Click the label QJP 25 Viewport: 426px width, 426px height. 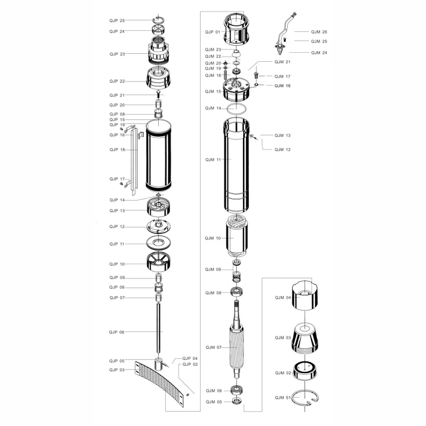(117, 21)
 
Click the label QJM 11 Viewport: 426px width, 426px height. (213, 160)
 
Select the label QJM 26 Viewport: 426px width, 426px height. (319, 32)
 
